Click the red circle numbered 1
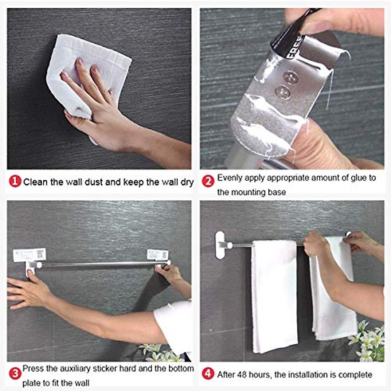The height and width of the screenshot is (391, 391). click(15, 181)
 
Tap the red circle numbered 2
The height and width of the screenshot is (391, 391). click(208, 181)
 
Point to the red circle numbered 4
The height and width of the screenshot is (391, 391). click(208, 373)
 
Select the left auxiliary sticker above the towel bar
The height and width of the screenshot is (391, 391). click(29, 255)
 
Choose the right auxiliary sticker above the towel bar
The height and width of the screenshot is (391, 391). click(157, 254)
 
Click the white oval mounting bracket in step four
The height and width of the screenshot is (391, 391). click(220, 245)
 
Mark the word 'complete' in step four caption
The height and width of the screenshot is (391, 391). click(355, 375)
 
